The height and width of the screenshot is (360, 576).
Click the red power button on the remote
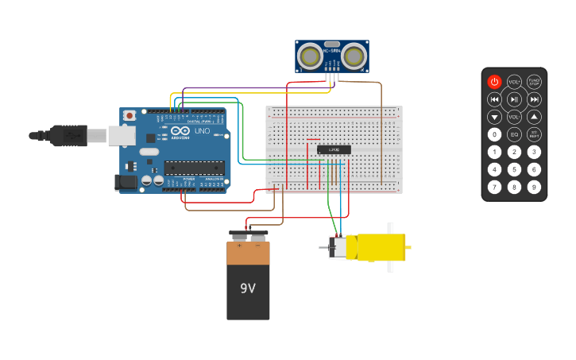click(x=494, y=82)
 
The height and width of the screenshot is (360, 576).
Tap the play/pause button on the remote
click(x=514, y=99)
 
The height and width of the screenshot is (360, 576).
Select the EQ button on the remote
click(x=514, y=134)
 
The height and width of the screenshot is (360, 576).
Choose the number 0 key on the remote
click(x=494, y=134)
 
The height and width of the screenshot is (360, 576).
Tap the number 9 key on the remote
click(x=534, y=187)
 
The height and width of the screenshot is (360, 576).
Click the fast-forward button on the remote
click(x=534, y=99)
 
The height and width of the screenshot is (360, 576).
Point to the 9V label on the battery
click(x=248, y=288)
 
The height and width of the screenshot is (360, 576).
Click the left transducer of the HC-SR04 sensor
click(x=310, y=56)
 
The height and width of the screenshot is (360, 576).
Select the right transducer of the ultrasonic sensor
click(x=354, y=56)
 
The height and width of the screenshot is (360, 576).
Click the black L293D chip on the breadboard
click(x=334, y=149)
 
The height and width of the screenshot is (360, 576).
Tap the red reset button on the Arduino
click(x=129, y=116)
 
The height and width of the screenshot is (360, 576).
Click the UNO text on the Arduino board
click(x=202, y=130)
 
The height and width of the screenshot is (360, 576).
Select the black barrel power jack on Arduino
click(x=126, y=182)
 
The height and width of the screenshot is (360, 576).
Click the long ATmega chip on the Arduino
click(x=194, y=167)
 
